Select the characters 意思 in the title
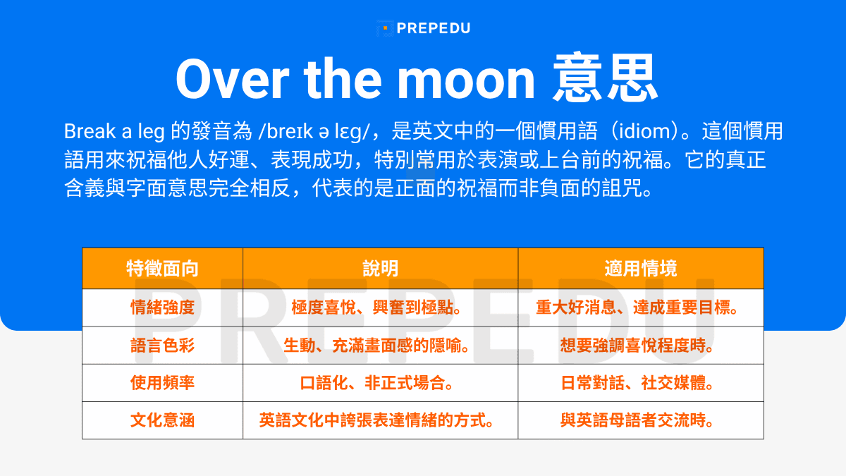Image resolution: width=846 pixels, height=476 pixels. (606, 78)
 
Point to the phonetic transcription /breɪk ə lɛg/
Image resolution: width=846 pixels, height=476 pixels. (319, 131)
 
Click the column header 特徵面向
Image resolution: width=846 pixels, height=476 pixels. (162, 269)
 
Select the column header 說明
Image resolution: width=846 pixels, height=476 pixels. (380, 269)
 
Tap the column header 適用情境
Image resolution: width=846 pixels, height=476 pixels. (640, 269)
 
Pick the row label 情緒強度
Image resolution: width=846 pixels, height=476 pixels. (162, 308)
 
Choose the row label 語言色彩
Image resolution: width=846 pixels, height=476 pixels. (162, 346)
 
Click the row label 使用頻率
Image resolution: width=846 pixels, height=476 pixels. (162, 383)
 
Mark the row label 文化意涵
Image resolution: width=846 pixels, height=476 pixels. (162, 421)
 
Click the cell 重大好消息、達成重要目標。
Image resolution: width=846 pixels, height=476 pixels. (640, 308)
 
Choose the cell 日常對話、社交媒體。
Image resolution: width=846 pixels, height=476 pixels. (640, 383)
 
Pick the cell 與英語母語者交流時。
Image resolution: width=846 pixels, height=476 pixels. (640, 421)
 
